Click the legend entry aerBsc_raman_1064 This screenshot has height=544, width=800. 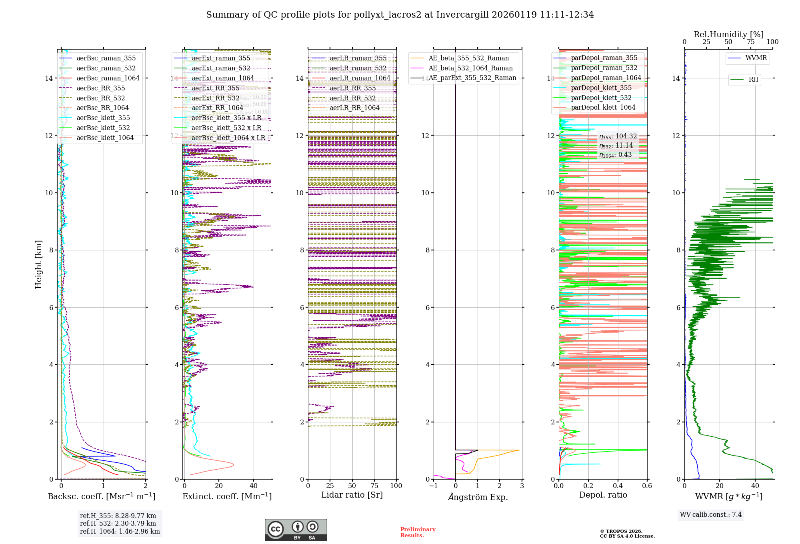pos(108,78)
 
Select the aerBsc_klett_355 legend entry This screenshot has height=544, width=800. pos(103,118)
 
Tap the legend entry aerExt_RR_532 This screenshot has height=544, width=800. pos(216,98)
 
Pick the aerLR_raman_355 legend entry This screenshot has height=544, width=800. pos(358,58)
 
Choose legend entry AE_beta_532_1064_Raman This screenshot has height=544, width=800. pos(470,68)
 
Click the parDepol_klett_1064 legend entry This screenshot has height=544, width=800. pos(603,107)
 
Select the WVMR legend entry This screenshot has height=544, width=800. pos(756,58)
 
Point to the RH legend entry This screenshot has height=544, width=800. pos(753,80)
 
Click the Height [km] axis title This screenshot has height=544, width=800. pos(38,264)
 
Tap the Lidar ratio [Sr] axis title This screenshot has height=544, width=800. pos(352,495)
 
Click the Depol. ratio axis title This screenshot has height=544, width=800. pos(603,495)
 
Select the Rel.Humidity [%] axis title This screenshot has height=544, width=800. pos(728,34)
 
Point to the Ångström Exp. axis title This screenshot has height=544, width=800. pos(478,497)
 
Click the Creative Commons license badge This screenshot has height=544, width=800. pos(296,530)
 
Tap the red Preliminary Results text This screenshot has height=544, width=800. pos(418,532)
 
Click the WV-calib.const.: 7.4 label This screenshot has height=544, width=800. pos(710,514)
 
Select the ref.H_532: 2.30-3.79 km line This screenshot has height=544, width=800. pos(118,523)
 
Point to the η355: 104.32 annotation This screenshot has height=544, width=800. pos(618,136)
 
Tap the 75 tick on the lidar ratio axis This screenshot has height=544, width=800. pos(374,486)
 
